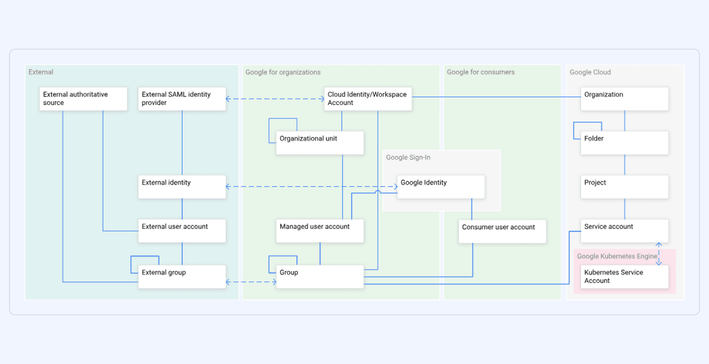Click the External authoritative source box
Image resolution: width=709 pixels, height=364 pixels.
pos(83,99)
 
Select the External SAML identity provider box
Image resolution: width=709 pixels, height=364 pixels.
pos(182,99)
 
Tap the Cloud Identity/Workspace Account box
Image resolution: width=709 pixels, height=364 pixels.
pos(368,99)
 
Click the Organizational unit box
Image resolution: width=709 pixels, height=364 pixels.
pos(320,143)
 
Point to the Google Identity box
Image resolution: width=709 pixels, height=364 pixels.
pos(441,187)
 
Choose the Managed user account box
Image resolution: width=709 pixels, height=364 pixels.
pos(320,231)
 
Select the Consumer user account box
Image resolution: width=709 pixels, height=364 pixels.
pos(502,232)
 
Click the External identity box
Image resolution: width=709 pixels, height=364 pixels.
pos(182,187)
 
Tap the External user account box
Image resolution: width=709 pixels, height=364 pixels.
pos(182,231)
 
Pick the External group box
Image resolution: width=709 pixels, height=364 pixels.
pos(182,277)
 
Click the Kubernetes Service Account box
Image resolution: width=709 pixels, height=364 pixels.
pos(624,277)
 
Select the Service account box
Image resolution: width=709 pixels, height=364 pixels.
pos(624,231)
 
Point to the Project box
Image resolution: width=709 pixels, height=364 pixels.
pos(624,187)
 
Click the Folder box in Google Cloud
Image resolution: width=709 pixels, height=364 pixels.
pos(624,143)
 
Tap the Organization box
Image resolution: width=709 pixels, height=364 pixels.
pos(624,99)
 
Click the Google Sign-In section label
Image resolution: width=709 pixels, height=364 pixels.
pos(408,157)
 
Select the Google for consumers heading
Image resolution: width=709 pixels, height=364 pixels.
pos(480,72)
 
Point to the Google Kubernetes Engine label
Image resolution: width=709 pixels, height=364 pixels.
pos(617,256)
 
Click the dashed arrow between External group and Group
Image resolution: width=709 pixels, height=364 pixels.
pos(251,282)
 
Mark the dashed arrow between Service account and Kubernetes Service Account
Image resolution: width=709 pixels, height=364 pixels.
pos(659,254)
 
